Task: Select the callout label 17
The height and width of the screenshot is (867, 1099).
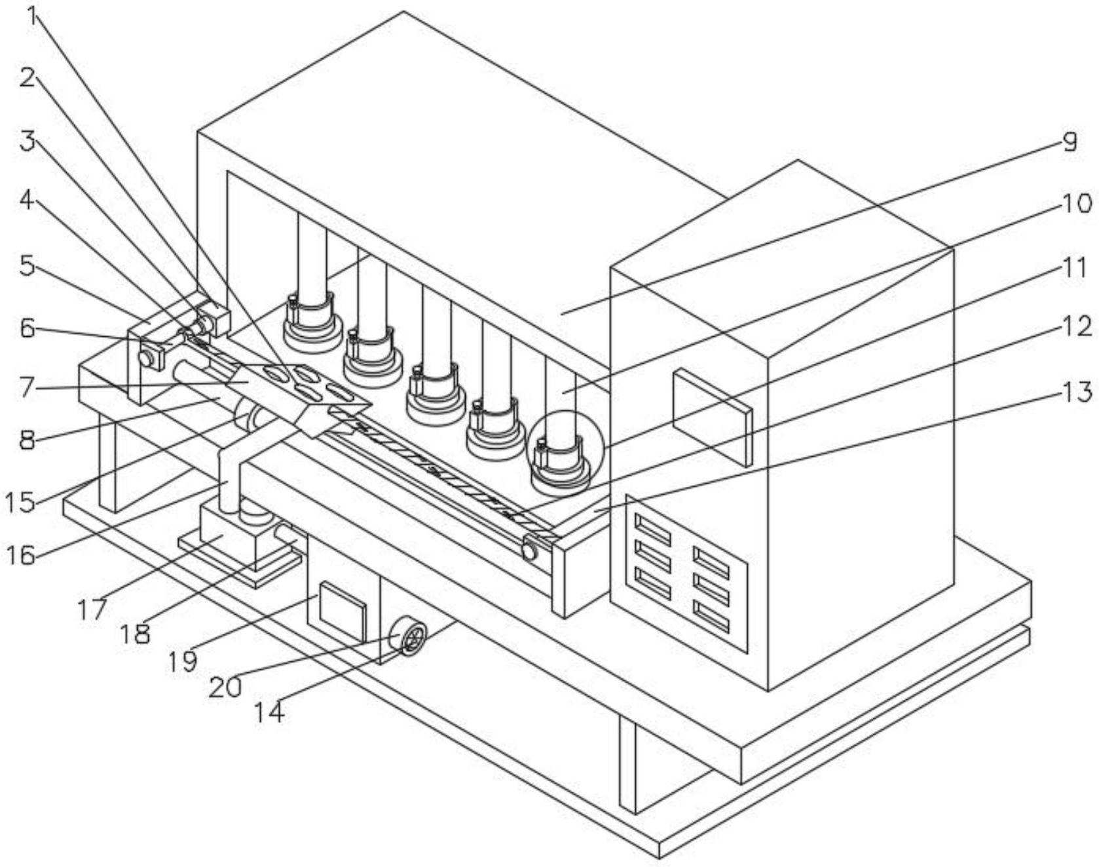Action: [x=92, y=609]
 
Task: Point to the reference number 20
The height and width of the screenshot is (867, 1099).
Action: [x=225, y=687]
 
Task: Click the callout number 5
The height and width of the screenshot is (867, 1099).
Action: [x=27, y=266]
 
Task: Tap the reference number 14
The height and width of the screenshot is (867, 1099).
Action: [x=269, y=712]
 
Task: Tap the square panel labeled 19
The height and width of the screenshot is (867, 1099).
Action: [x=341, y=611]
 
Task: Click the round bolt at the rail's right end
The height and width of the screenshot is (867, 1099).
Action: [x=529, y=551]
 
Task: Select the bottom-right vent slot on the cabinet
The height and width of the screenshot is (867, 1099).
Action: [x=711, y=617]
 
